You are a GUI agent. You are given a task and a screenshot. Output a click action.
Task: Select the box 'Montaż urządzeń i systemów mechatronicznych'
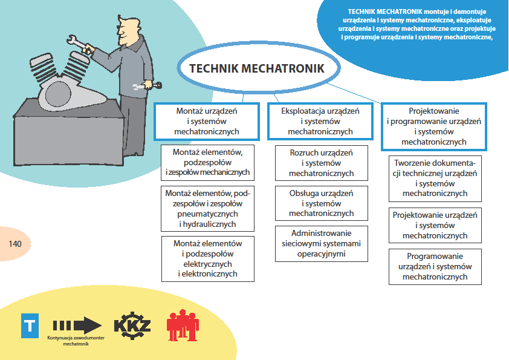207,121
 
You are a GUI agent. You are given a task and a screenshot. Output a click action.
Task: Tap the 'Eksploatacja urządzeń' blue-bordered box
320,121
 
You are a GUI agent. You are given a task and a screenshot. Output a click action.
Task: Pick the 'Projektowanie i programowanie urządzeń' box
433,126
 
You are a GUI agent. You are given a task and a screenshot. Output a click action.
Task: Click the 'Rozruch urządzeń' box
322,163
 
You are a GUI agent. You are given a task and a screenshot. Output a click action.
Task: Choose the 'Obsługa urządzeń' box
322,203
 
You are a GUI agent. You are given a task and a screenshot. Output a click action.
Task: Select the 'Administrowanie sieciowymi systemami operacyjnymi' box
322,244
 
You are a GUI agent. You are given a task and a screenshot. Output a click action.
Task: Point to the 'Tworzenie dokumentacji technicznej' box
435,178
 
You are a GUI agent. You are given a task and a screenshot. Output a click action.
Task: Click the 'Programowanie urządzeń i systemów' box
435,267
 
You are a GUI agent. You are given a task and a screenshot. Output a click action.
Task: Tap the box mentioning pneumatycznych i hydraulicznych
207,209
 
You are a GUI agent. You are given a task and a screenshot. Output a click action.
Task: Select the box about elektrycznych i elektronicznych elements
208,259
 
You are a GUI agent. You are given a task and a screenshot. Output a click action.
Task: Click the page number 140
15,244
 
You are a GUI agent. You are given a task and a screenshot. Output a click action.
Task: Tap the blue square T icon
30,326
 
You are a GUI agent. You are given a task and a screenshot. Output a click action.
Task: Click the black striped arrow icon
77,325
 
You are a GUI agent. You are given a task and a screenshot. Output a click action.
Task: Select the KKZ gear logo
132,326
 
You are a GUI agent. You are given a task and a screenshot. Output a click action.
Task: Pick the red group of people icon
183,326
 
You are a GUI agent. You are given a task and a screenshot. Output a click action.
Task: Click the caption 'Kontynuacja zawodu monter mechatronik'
76,341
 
